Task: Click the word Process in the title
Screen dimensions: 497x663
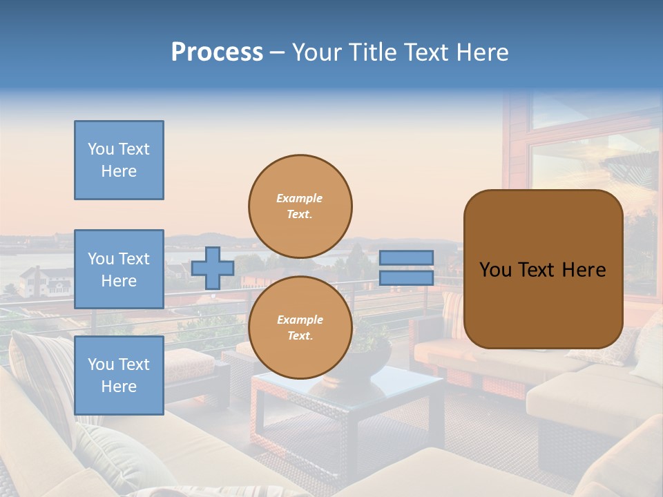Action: (217, 52)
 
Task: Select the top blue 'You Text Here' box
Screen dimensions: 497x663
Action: (119, 160)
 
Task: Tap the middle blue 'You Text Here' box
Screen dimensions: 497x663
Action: (119, 269)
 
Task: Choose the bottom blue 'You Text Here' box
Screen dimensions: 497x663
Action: (119, 375)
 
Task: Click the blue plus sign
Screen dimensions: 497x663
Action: (212, 268)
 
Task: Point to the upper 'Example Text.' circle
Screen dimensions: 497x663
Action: (300, 206)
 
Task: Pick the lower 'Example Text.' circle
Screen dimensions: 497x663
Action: (300, 327)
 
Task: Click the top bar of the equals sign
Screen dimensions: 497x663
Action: (406, 257)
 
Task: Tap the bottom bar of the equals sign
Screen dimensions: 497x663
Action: (406, 277)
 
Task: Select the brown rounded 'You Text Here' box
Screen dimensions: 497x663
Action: (543, 269)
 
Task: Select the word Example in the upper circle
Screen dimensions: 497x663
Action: (299, 198)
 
